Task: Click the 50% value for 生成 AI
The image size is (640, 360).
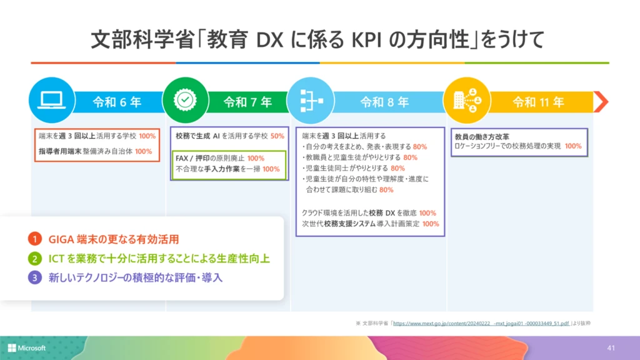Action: click(277, 136)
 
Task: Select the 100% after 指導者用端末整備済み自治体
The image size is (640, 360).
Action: click(143, 151)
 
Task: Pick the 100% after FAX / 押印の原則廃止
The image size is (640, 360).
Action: click(256, 158)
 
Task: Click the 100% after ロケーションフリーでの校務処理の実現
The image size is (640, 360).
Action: click(573, 146)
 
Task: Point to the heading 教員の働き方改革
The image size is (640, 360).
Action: click(482, 136)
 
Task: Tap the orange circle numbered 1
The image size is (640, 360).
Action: click(34, 239)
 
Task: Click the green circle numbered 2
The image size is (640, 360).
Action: click(34, 258)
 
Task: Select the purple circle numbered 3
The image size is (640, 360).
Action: click(34, 277)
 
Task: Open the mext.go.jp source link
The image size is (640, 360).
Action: click(481, 324)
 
